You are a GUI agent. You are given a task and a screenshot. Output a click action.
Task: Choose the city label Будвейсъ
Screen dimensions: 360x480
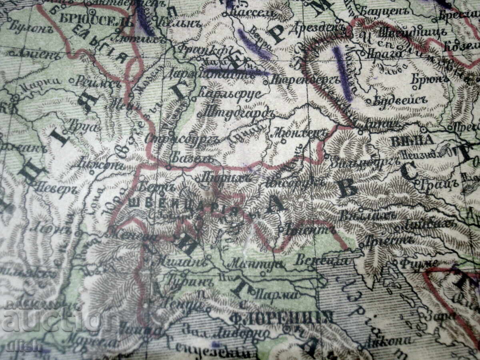[x=398, y=101]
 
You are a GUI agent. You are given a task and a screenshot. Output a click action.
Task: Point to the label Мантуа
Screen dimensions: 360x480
[x=255, y=264]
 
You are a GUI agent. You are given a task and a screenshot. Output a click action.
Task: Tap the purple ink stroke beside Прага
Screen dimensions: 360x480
[x=343, y=74]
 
